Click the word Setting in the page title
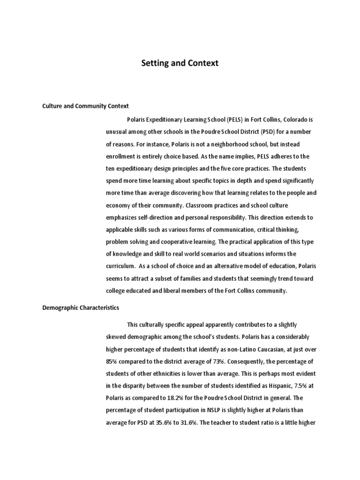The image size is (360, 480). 157,63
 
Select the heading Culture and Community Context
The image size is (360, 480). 86,106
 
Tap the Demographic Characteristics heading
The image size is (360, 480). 81,308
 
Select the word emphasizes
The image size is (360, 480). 123,217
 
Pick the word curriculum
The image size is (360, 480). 121,266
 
